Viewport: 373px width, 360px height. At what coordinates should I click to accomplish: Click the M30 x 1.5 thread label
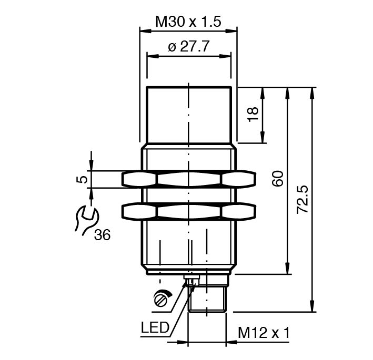pyautogui.click(x=187, y=22)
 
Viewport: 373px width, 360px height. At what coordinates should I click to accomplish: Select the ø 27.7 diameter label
pyautogui.click(x=189, y=47)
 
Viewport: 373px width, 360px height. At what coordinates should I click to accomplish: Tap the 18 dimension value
pyautogui.click(x=252, y=114)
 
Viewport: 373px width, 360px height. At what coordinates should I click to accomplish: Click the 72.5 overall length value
pyautogui.click(x=303, y=199)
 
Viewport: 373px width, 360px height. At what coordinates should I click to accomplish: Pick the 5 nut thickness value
pyautogui.click(x=82, y=179)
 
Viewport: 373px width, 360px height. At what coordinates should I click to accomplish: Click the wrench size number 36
pyautogui.click(x=102, y=235)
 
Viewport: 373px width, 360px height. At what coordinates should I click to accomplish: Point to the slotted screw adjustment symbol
pyautogui.click(x=162, y=299)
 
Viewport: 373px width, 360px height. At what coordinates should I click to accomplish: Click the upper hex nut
pyautogui.click(x=189, y=179)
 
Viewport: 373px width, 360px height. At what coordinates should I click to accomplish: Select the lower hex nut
pyautogui.click(x=189, y=211)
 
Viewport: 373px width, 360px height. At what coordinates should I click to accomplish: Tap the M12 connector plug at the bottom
pyautogui.click(x=207, y=297)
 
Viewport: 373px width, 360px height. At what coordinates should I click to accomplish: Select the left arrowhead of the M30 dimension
pyautogui.click(x=143, y=30)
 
